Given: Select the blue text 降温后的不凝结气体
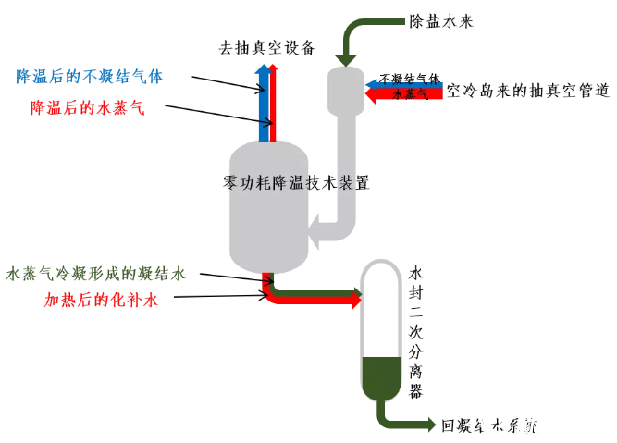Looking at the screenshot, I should pyautogui.click(x=90, y=77).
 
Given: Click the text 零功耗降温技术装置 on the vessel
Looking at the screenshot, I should pyautogui.click(x=296, y=183).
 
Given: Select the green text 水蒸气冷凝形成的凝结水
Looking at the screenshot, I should pyautogui.click(x=96, y=274).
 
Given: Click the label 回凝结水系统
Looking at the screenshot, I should pyautogui.click(x=490, y=425).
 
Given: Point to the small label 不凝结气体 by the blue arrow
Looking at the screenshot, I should pyautogui.click(x=409, y=80).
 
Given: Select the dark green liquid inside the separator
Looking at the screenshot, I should pyautogui.click(x=379, y=374).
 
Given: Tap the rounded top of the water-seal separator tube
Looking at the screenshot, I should pyautogui.click(x=379, y=268).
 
